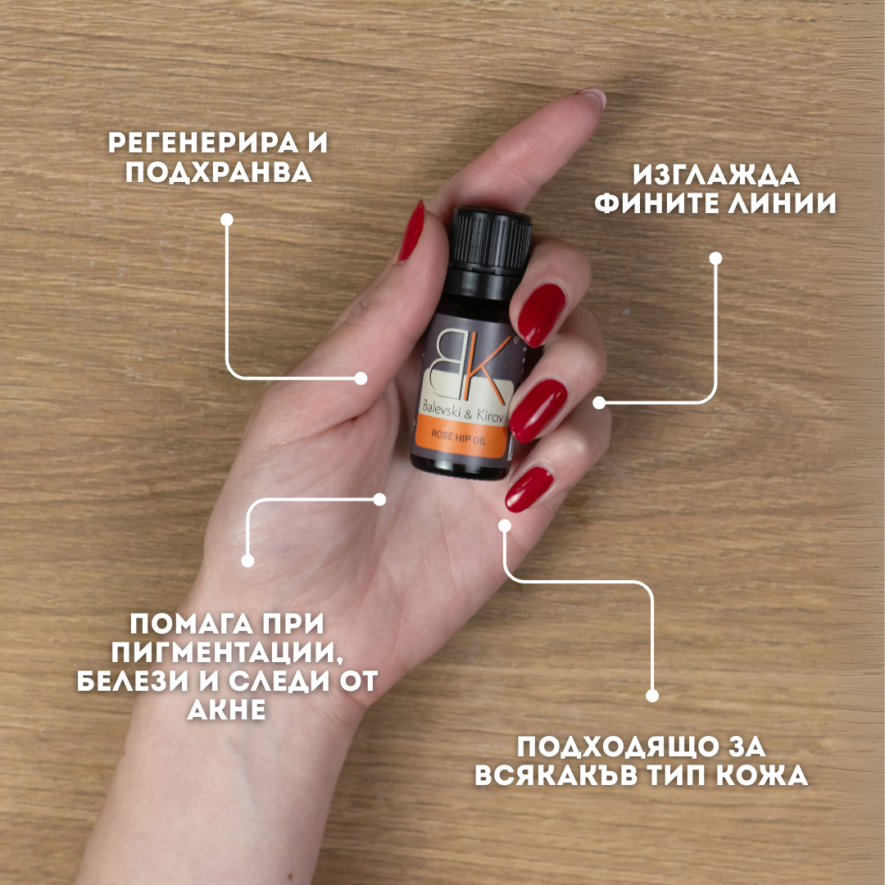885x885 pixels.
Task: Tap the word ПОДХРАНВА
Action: coord(218,171)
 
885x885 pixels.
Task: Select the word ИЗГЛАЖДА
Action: coord(715,175)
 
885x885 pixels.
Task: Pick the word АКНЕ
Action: coord(226,709)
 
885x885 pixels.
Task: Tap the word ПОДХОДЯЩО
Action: coord(618,747)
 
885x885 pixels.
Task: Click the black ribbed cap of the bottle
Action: coord(490,240)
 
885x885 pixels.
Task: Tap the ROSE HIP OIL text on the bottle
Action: coord(458,438)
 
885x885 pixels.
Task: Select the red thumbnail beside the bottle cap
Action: coord(412,230)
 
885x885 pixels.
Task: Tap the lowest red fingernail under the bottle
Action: coord(529,488)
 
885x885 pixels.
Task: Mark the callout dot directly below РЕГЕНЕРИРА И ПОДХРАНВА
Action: coord(227,220)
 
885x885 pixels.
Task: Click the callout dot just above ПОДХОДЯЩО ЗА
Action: coord(652,696)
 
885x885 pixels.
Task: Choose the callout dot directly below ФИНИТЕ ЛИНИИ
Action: coord(715,258)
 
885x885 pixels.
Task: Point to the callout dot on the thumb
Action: coord(361,378)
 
